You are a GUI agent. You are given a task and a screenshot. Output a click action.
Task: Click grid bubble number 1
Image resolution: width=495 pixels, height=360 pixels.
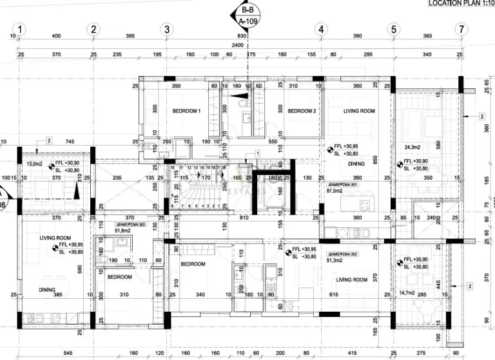pyautogui.click(x=20, y=29)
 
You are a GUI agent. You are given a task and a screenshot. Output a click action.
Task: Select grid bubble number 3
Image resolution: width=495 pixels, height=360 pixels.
pyautogui.click(x=166, y=29)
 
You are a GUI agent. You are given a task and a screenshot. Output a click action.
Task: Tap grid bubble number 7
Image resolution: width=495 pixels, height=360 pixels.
pyautogui.click(x=460, y=29)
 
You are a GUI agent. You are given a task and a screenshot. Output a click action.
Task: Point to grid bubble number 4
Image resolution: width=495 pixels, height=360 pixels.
pyautogui.click(x=320, y=29)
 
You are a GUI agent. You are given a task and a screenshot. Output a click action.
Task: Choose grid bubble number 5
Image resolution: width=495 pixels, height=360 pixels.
pyautogui.click(x=393, y=29)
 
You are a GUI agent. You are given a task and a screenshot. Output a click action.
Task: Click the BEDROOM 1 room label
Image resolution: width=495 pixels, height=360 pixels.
pyautogui.click(x=186, y=111)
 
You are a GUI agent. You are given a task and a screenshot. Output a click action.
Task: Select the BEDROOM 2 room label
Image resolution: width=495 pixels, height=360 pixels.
pyautogui.click(x=301, y=111)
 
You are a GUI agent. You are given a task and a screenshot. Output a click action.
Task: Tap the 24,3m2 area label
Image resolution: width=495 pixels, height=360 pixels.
pyautogui.click(x=413, y=147)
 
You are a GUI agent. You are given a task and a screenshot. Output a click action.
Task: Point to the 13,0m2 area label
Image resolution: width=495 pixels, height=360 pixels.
pyautogui.click(x=34, y=164)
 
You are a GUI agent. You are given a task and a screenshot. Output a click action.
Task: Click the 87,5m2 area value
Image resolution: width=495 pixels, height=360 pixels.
pyautogui.click(x=336, y=191)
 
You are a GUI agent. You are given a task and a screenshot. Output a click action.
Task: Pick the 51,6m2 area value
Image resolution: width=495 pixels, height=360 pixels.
pyautogui.click(x=121, y=230)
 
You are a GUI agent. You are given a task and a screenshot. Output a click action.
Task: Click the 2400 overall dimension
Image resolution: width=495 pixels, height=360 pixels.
pyautogui.click(x=238, y=46)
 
